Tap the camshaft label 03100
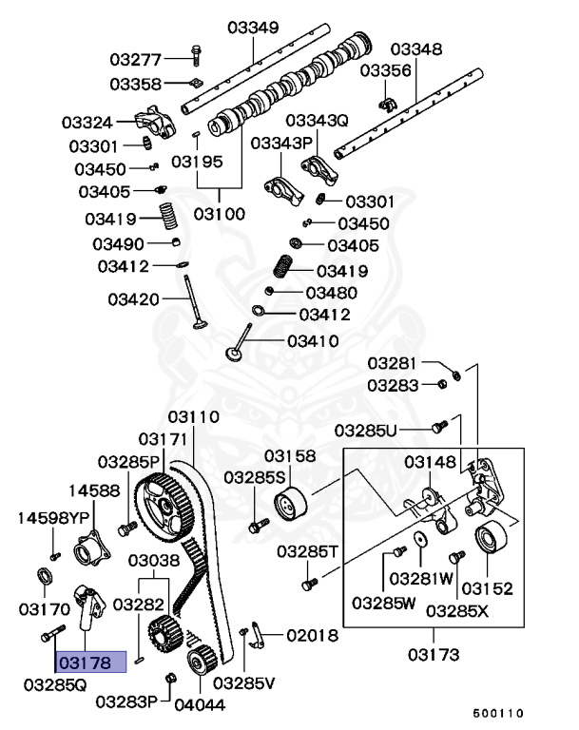[x=220, y=214]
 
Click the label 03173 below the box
[x=434, y=654]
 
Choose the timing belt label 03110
[x=194, y=417]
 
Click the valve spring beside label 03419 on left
[x=166, y=218]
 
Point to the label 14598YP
[x=53, y=518]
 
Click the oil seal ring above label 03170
[x=44, y=578]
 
